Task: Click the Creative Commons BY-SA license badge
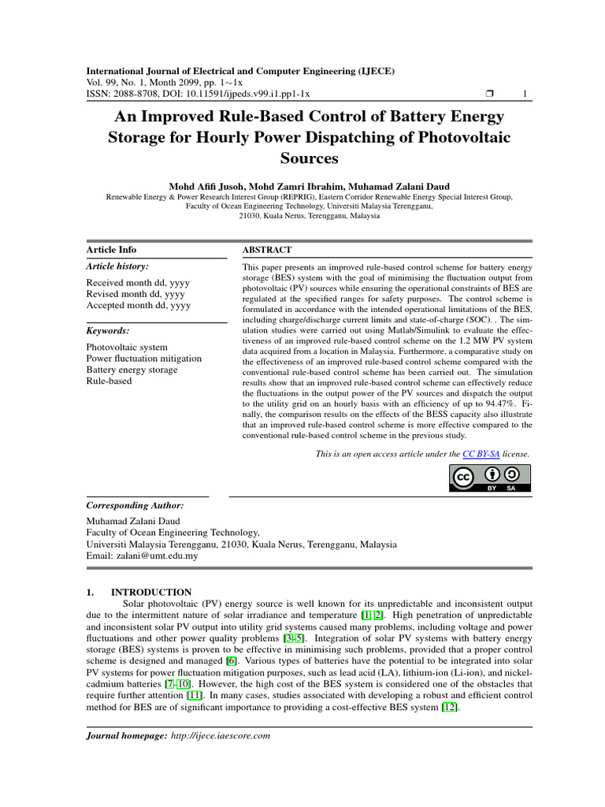tap(491, 478)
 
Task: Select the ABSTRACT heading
tap(267, 250)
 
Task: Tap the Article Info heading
tap(111, 250)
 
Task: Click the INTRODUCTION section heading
tap(150, 592)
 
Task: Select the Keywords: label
tap(108, 331)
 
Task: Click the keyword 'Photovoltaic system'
tap(126, 348)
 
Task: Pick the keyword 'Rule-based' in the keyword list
tap(109, 381)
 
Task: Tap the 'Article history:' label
tap(117, 266)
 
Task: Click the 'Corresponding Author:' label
tap(135, 505)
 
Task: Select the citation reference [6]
tap(232, 660)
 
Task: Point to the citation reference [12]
tap(450, 708)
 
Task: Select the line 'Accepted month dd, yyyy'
tap(138, 305)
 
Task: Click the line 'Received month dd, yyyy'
tap(138, 283)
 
